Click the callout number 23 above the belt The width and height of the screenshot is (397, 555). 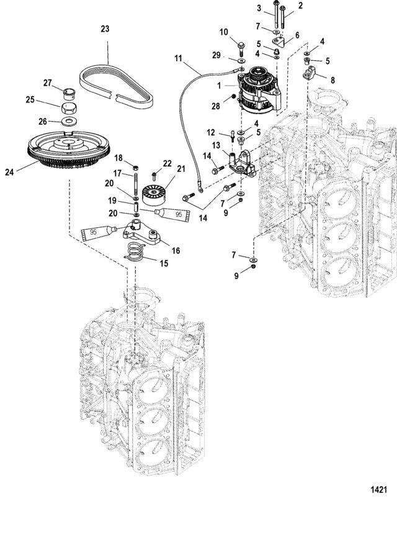(105, 29)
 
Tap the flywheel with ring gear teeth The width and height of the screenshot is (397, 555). (69, 148)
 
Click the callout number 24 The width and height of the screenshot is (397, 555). (9, 172)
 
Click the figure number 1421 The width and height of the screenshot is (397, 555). (378, 490)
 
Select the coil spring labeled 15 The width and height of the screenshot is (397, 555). (135, 252)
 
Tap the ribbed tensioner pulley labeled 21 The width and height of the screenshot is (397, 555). (154, 196)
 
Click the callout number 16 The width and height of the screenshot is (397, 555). (176, 251)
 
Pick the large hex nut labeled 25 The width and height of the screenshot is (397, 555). (70, 107)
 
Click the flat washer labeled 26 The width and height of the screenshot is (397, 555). (70, 122)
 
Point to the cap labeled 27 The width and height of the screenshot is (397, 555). (70, 94)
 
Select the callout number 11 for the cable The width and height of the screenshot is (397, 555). (178, 58)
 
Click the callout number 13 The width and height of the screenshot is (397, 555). (216, 145)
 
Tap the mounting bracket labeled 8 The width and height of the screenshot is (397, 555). (309, 73)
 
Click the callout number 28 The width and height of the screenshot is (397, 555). (216, 106)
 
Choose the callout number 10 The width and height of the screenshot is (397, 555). (224, 32)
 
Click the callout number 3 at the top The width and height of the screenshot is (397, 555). (259, 8)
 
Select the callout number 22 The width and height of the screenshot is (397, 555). (167, 163)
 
